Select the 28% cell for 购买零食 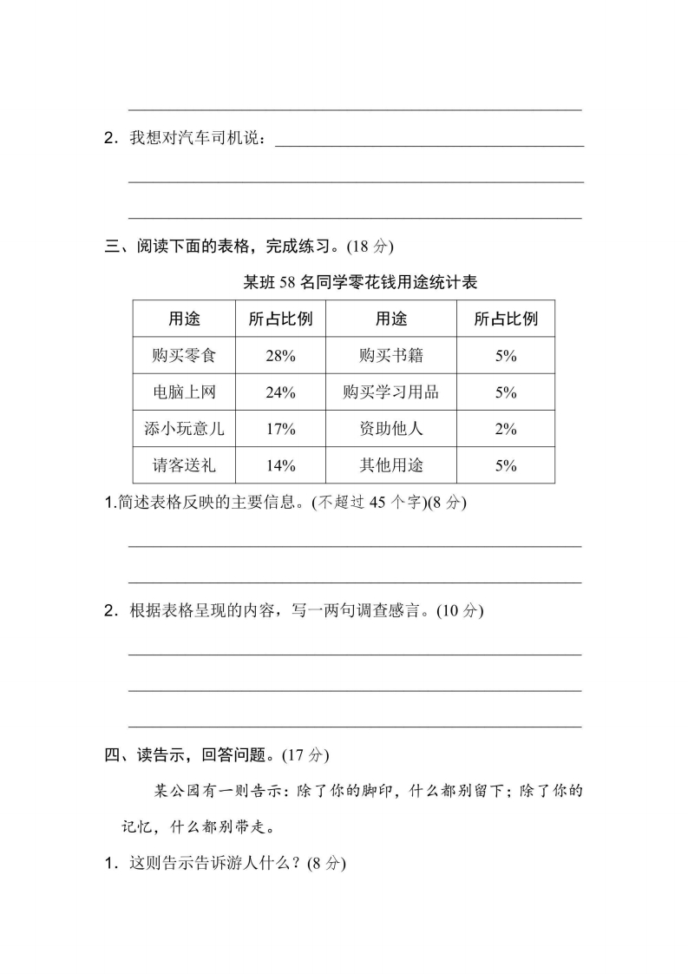280,356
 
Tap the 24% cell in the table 280,392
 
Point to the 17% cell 280,429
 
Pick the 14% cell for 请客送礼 280,466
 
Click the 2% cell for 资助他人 506,429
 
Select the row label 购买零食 184,356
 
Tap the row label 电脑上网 184,392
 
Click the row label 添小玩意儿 184,429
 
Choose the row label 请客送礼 184,466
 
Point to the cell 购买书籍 391,356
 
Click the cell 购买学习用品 391,392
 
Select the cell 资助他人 391,429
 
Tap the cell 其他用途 391,466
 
